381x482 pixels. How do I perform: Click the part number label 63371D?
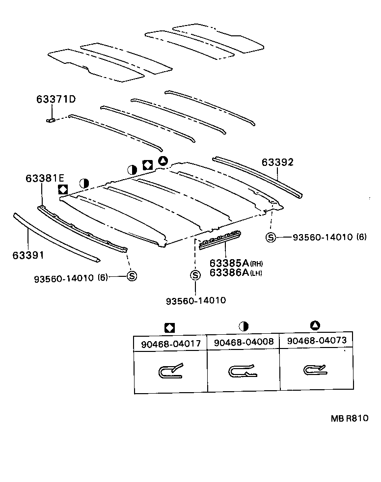[x=56, y=100]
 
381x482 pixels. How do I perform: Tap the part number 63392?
[x=277, y=162]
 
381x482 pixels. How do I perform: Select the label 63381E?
[x=45, y=179]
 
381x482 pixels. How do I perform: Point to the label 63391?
[x=28, y=255]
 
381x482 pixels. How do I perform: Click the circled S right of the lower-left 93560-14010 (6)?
[x=132, y=276]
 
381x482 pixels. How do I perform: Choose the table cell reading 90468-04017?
[x=171, y=344]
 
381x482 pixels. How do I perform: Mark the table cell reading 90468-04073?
[x=317, y=341]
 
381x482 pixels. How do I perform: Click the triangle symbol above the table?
[x=315, y=325]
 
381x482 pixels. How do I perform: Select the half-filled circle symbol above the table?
[x=243, y=326]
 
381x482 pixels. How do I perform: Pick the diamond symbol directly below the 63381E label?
[x=62, y=189]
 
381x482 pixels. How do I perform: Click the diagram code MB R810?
[x=349, y=418]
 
